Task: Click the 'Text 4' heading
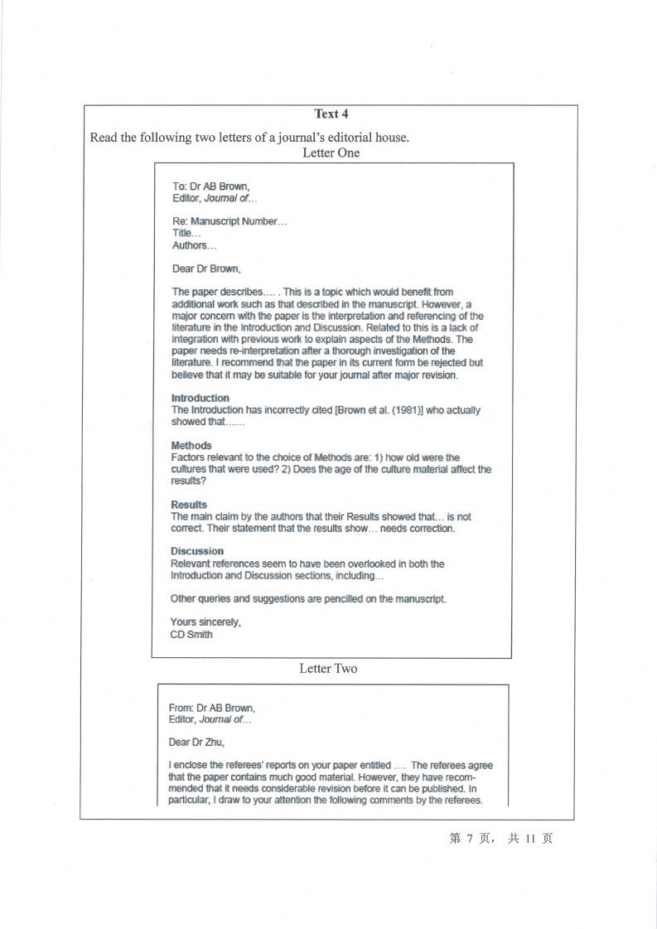point(331,114)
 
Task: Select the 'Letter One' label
point(331,153)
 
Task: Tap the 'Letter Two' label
point(328,669)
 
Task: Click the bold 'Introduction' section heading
point(200,399)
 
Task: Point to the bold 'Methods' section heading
point(191,446)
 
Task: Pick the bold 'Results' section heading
point(189,505)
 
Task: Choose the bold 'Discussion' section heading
point(197,551)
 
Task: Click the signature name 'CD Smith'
point(191,635)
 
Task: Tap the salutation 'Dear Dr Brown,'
point(206,269)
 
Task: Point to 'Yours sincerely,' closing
point(205,622)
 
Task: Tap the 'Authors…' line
point(194,245)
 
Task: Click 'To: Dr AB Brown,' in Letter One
point(210,186)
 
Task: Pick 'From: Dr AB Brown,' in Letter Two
point(212,709)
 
